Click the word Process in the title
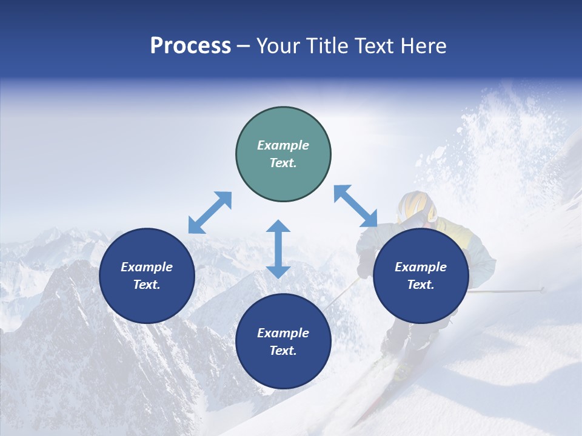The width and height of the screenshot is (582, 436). [190, 46]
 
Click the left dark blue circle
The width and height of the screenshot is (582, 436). [147, 276]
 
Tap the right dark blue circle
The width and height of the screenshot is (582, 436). [421, 276]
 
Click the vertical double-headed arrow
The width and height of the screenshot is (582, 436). [278, 249]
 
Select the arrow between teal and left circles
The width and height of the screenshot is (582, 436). [210, 213]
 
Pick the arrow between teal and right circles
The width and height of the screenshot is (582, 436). [355, 206]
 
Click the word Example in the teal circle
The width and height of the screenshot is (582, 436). [283, 145]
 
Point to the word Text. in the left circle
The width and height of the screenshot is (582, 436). [147, 285]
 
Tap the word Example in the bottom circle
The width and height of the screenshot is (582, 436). [283, 333]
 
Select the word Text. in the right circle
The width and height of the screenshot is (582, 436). [421, 285]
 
